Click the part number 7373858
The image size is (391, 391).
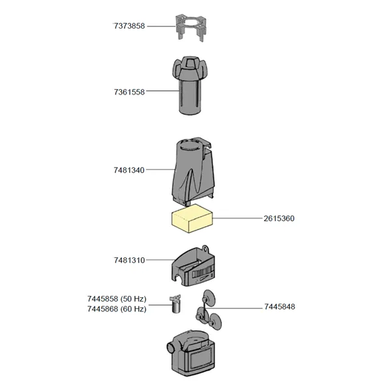(x=128, y=26)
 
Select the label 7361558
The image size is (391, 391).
(x=128, y=92)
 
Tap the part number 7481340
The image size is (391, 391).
(x=128, y=170)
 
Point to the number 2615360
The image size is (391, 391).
(x=278, y=218)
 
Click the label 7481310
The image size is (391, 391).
(x=128, y=260)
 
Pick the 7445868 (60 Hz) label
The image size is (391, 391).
(x=117, y=309)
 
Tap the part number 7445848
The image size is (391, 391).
(x=280, y=306)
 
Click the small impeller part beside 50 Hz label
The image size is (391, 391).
(x=175, y=303)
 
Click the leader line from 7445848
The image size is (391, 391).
(x=241, y=306)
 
